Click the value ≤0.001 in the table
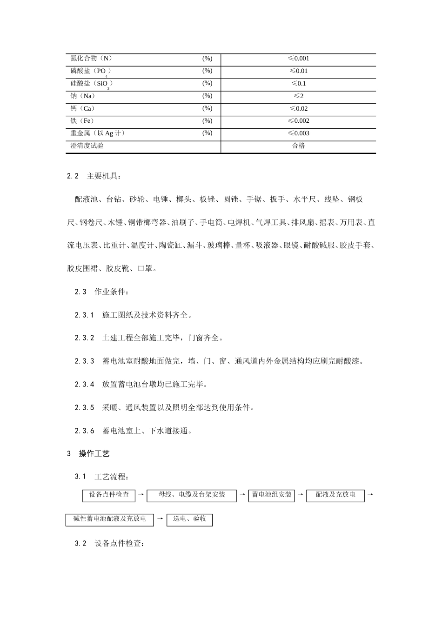[298, 59]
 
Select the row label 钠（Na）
[83, 96]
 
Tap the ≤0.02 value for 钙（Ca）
[298, 109]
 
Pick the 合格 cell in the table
[298, 146]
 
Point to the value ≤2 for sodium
[298, 96]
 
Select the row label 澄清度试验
[87, 146]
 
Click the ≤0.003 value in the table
[298, 133]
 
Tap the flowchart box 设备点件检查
[109, 495]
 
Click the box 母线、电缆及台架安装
[192, 495]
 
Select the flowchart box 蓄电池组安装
[272, 495]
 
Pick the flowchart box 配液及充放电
[335, 495]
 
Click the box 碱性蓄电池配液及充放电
[110, 519]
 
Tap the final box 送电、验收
[189, 519]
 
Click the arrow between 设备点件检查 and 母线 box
[141, 495]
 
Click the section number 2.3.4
[84, 385]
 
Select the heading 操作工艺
[94, 454]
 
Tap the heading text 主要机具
[103, 177]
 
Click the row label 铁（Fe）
[82, 121]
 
